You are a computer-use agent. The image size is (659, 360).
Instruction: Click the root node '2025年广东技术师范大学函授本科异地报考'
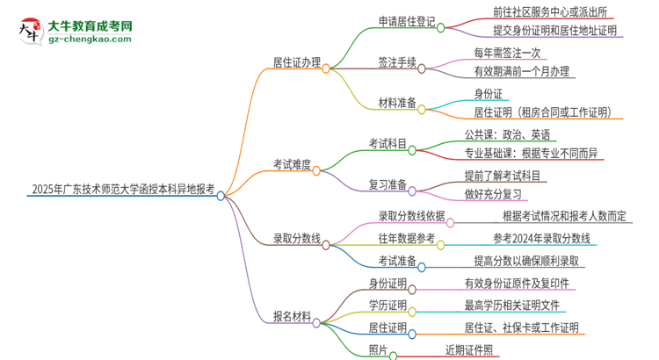121,188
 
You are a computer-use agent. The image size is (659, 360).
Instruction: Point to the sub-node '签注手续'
392,64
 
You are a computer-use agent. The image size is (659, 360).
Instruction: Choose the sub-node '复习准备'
387,184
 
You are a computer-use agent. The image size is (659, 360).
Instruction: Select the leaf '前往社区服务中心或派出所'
546,11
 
